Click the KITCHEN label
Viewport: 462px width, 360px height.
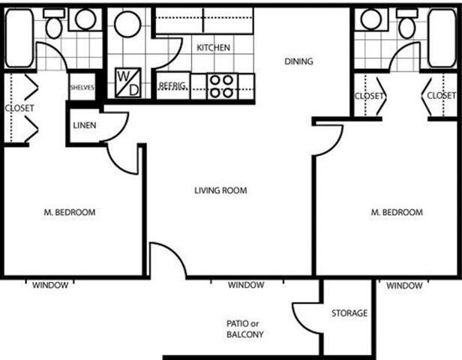(x=213, y=47)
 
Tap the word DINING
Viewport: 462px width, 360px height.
(x=298, y=61)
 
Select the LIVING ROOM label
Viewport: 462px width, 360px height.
(x=220, y=190)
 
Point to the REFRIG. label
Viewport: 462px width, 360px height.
(x=172, y=86)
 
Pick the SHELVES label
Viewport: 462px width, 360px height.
(x=82, y=87)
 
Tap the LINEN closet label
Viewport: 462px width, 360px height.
(x=84, y=124)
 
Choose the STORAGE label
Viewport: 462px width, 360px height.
(x=349, y=313)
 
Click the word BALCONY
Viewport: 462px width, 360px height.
(x=244, y=334)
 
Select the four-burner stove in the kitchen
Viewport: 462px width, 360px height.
(x=220, y=86)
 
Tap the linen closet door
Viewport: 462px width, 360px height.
(x=115, y=126)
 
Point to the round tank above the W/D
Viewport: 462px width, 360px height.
(x=127, y=25)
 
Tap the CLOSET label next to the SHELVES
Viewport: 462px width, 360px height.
(x=19, y=108)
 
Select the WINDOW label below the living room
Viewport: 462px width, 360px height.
(x=245, y=285)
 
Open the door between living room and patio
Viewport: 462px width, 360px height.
(x=166, y=260)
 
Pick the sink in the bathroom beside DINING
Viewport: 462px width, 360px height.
(x=370, y=20)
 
